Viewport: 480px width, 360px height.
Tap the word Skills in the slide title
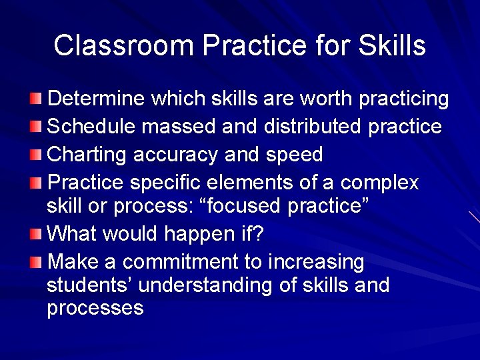tap(391, 46)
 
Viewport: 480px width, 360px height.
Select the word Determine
tap(97, 99)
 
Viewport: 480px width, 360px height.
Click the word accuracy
tap(175, 155)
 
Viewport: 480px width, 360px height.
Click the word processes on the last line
tap(95, 309)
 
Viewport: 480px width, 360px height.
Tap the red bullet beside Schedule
tap(36, 127)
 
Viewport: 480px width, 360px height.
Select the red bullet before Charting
tap(36, 155)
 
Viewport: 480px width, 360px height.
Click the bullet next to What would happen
tap(36, 235)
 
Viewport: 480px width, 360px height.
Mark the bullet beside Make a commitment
tap(36, 261)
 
